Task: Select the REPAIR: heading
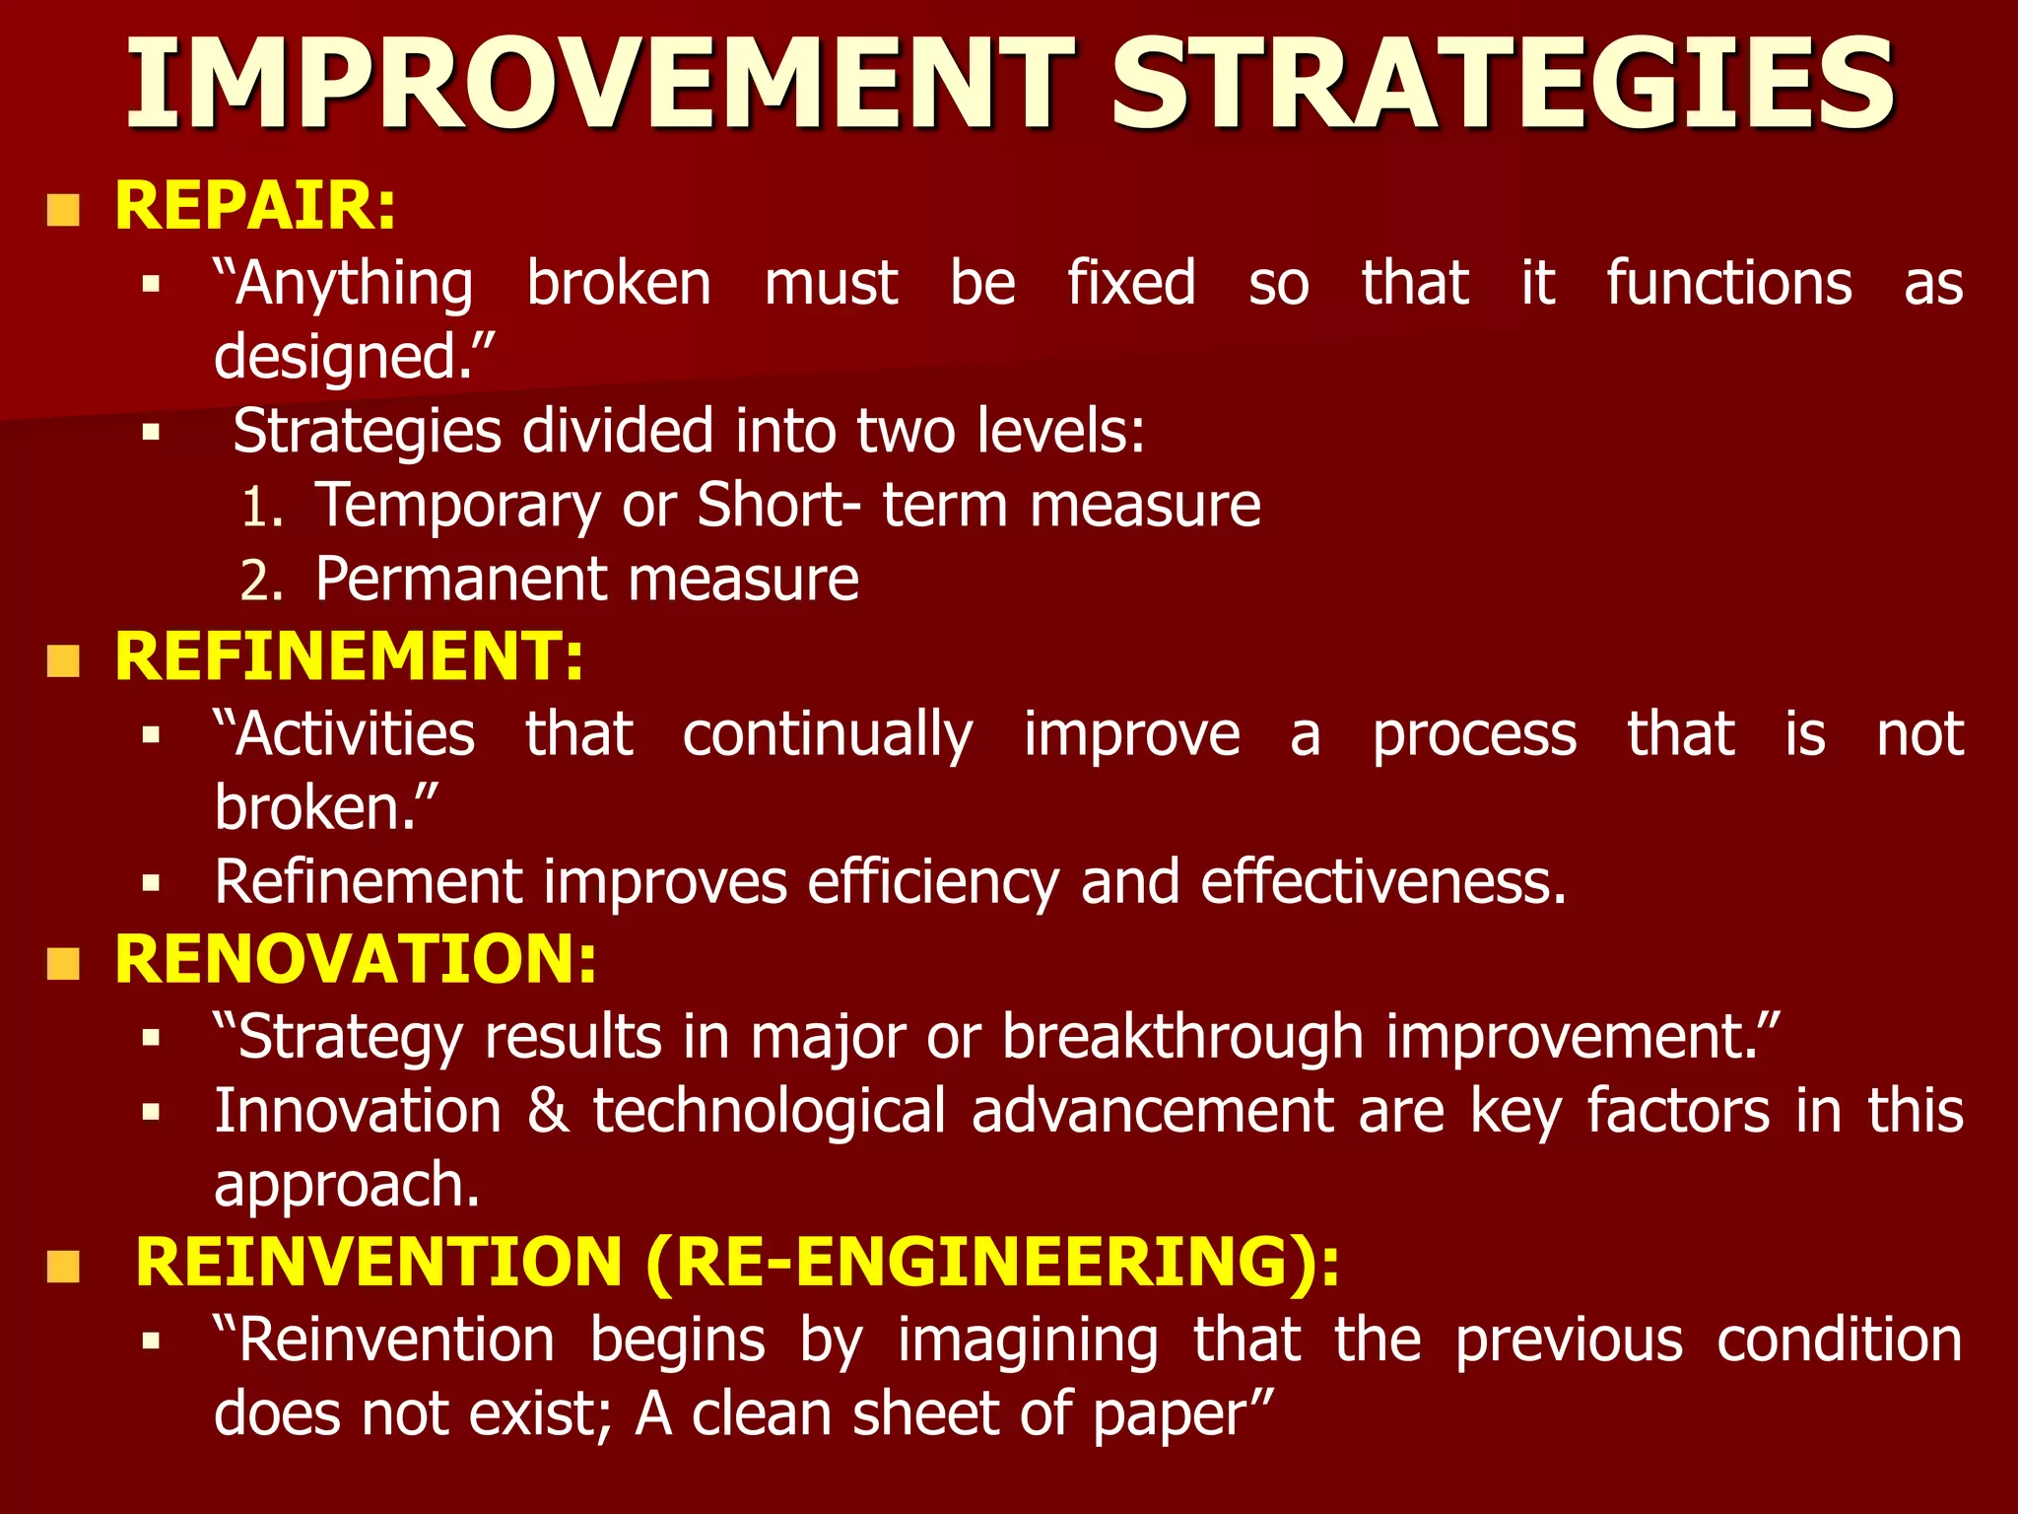pyautogui.click(x=255, y=206)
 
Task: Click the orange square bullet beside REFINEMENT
pyautogui.click(x=63, y=661)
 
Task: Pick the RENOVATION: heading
pyautogui.click(x=356, y=959)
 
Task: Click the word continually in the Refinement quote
pyautogui.click(x=828, y=736)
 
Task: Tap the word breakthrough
pyautogui.click(x=1183, y=1038)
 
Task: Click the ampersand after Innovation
pyautogui.click(x=548, y=1112)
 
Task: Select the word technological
pyautogui.click(x=770, y=1112)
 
